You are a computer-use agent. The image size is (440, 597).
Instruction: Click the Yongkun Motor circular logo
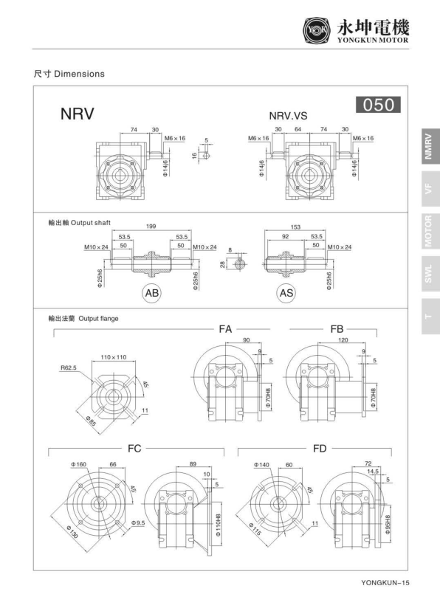click(314, 29)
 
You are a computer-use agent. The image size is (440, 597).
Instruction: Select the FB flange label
click(337, 327)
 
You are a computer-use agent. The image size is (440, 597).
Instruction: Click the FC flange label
click(135, 447)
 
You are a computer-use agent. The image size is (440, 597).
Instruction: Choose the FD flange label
click(320, 447)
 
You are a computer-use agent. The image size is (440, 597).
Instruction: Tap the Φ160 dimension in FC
click(79, 464)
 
